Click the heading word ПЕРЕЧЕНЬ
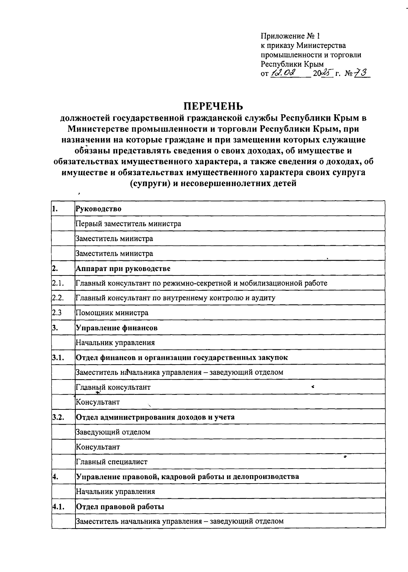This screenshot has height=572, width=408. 213,106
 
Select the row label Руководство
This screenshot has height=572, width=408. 98,209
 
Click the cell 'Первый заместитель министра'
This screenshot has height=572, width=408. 128,224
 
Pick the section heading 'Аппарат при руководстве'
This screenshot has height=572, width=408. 123,268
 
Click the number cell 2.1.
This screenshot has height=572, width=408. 58,283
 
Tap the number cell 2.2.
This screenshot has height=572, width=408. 58,298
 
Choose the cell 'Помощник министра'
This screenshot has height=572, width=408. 112,313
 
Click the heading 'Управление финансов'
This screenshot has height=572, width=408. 116,328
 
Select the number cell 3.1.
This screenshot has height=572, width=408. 58,357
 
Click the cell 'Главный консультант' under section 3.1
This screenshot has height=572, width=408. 113,387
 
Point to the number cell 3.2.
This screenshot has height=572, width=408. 58,417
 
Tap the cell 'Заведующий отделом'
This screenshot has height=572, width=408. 113,432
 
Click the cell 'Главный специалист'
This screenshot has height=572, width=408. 112,462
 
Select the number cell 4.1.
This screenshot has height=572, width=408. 58,506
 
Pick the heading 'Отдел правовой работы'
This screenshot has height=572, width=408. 120,506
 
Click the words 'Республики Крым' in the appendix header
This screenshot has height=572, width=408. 292,64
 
